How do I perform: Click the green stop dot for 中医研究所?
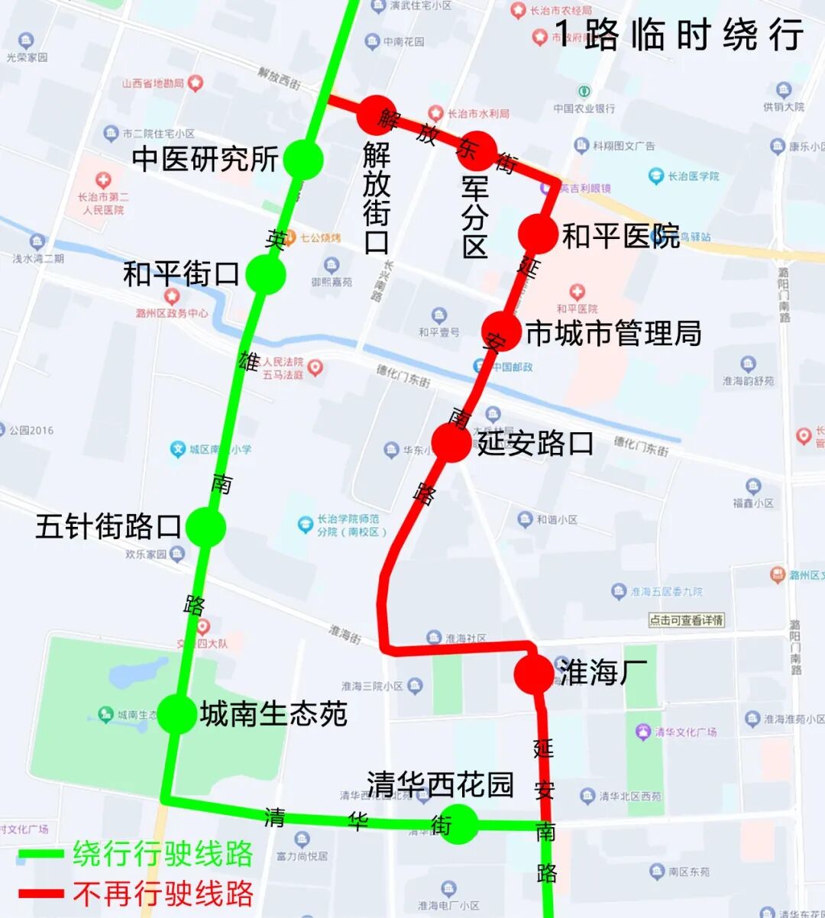303,160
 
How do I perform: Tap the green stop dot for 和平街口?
266,274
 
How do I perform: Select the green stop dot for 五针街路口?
205,527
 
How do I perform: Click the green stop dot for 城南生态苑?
176,713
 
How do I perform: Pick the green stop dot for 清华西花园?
460,824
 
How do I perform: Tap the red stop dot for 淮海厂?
533,673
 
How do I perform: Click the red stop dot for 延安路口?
451,442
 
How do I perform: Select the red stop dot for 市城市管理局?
501,331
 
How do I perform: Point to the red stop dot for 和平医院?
538,233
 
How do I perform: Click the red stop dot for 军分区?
478,150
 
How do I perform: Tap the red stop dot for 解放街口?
377,115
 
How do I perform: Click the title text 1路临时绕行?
678,35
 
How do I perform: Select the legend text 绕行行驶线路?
163,854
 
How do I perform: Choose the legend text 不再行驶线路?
163,892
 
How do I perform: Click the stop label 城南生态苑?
273,713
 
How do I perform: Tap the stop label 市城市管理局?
614,333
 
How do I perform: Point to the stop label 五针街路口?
108,527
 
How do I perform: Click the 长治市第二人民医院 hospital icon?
103,181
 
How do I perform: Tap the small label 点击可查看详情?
686,620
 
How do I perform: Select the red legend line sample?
41,892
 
